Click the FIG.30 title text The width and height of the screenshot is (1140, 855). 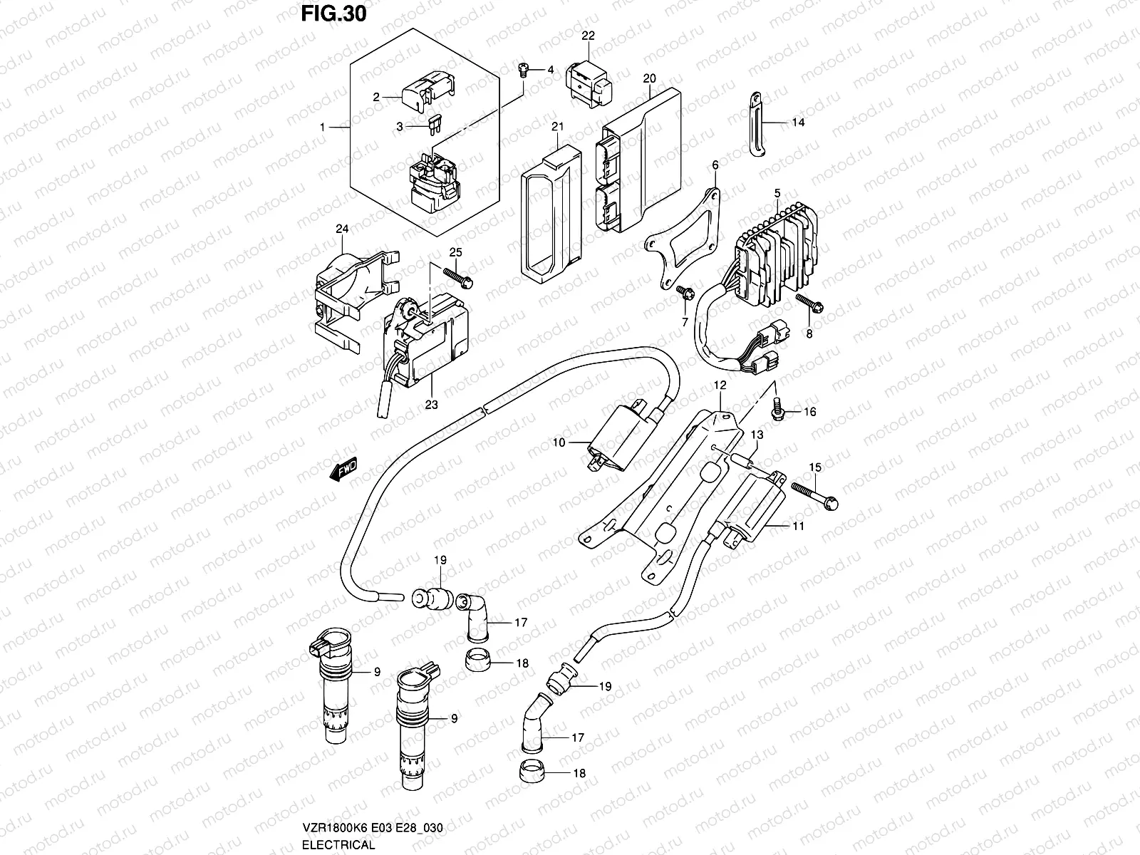click(x=333, y=14)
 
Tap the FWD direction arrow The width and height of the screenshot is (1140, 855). click(x=343, y=471)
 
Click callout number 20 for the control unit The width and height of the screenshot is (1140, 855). click(x=649, y=78)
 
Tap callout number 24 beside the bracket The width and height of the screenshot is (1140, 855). click(x=343, y=229)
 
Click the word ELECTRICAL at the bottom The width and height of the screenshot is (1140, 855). click(x=338, y=845)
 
